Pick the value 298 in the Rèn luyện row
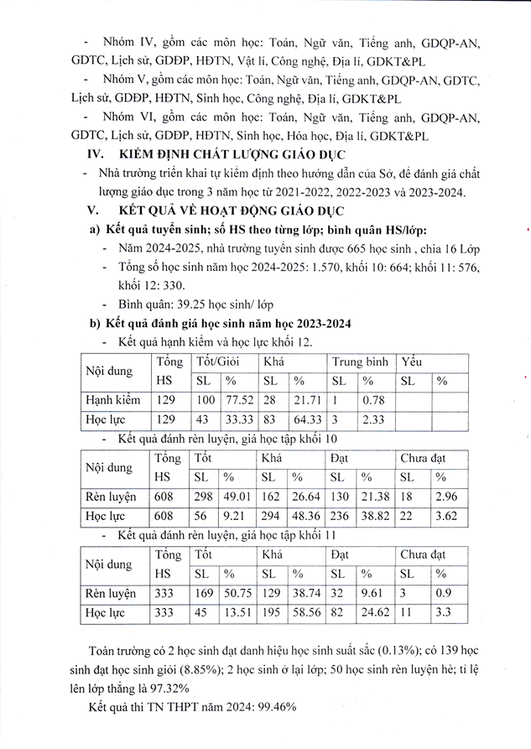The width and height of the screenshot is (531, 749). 205,497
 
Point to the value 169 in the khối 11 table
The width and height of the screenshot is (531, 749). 205,593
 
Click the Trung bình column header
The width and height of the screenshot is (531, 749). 360,361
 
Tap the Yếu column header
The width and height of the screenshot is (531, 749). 412,361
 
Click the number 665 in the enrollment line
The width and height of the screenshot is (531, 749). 352,248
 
